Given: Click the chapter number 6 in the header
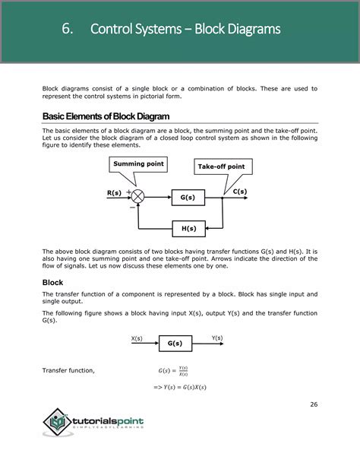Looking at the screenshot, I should click(x=68, y=30).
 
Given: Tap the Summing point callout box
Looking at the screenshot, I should click(x=138, y=163).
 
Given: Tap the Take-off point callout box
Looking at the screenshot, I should click(x=221, y=166).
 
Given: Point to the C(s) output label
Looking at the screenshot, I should click(x=239, y=192).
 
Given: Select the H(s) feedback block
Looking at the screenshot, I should click(x=188, y=228).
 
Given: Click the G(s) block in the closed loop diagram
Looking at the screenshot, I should click(x=188, y=198).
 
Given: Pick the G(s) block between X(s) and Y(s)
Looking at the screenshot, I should click(x=175, y=343).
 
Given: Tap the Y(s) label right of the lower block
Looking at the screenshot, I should click(x=217, y=338).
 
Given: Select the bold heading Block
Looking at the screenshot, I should click(x=53, y=282).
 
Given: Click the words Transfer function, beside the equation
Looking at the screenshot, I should click(x=68, y=370).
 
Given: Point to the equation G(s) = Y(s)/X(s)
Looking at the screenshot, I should click(x=173, y=370).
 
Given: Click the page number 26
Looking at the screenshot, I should click(x=313, y=404).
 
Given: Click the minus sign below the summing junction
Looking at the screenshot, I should click(x=132, y=206).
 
